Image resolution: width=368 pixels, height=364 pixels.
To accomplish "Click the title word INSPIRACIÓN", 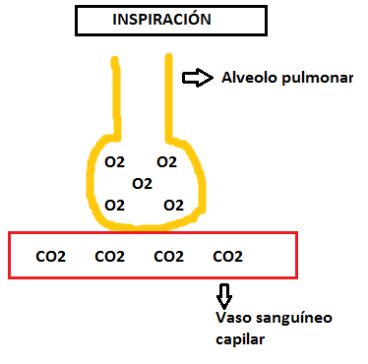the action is tap(161, 19).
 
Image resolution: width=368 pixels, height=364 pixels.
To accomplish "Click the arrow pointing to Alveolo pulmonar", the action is tap(198, 78).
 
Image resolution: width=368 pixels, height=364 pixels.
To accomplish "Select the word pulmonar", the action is tap(318, 79).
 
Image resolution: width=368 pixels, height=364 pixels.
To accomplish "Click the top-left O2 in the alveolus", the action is tap(114, 162).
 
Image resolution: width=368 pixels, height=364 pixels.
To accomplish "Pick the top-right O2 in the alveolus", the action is tap(167, 162).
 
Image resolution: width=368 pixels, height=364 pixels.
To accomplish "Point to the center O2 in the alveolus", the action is tap(143, 184).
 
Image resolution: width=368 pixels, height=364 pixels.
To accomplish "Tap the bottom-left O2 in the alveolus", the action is tap(114, 206).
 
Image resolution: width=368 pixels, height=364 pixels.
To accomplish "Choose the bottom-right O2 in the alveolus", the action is tap(173, 206).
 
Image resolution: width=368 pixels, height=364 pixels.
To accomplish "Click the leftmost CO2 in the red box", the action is tap(50, 257).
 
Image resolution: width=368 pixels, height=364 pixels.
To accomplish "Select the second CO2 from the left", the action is tap(109, 257).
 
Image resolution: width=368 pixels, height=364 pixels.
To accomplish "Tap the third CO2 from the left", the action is tap(168, 257).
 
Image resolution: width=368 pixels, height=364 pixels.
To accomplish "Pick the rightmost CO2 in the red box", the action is tap(227, 257).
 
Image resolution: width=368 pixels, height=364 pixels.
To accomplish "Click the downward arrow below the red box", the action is tap(224, 296).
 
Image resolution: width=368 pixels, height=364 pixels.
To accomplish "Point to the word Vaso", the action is tap(232, 318).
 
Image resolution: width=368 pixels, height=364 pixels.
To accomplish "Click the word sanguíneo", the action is tap(292, 319).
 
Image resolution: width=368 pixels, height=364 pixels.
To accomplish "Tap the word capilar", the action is tap(240, 339).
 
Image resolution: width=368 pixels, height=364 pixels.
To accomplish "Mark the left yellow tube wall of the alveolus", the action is tap(116, 98).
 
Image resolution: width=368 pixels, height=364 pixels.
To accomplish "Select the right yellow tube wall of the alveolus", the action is tap(169, 97).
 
